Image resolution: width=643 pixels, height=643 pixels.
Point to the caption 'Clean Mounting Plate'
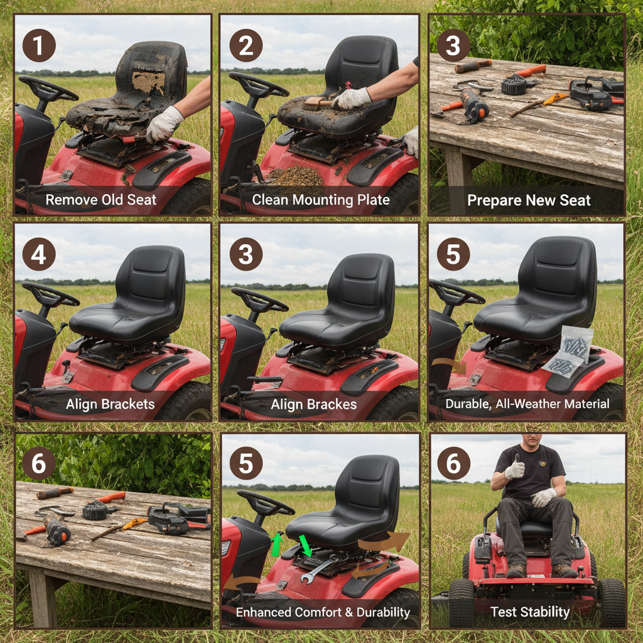pos(321,200)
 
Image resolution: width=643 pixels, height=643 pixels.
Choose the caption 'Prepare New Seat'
pos(529,201)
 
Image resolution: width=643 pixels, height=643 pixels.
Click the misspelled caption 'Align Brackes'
pos(313,405)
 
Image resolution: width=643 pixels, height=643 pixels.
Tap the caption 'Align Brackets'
pos(111,404)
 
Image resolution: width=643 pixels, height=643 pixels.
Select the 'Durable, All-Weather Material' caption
pos(527,404)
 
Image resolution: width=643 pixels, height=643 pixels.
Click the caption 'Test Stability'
pos(530,612)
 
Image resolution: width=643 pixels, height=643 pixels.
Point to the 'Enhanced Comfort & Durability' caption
pos(323,612)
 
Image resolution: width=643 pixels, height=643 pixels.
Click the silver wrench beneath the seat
pos(319,568)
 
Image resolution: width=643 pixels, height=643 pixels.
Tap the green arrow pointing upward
pos(276,544)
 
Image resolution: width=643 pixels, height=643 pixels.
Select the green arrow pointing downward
pos(306,544)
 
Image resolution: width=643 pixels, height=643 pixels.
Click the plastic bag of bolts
pos(570,352)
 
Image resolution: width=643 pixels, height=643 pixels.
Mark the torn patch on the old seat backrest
pos(148,82)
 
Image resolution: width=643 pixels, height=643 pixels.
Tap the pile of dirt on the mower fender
pos(295,176)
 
